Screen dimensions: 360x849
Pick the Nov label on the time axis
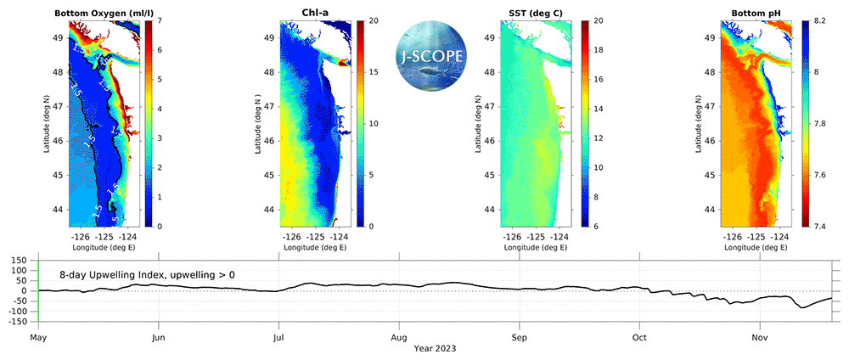[x=760, y=337]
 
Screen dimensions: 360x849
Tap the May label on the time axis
[x=38, y=337]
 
